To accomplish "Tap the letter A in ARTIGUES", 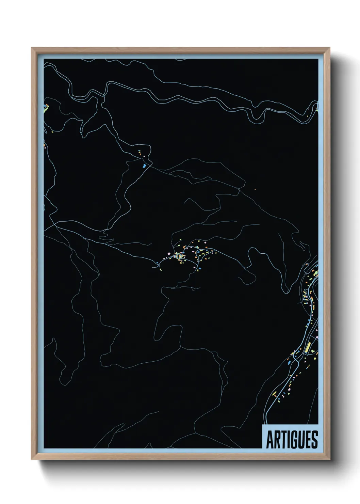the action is click(269, 440).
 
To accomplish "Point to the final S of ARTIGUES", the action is click(314, 440).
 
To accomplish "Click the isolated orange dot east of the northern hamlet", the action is click(255, 189).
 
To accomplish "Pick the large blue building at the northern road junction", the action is click(144, 166).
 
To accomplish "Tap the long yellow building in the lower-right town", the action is click(309, 347).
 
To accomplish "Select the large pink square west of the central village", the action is click(168, 253).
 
